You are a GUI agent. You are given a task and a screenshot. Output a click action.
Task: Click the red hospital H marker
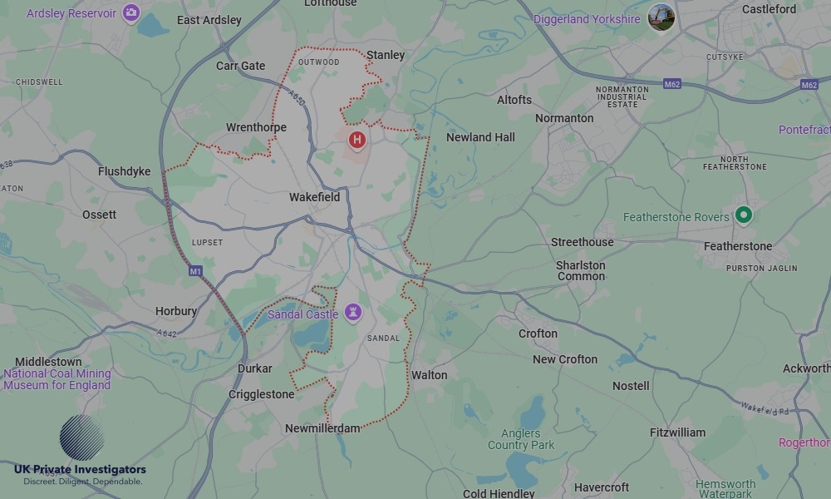pos(357,140)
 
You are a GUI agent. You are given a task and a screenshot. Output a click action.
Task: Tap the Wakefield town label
pos(314,197)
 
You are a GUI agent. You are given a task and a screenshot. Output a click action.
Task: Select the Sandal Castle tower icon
pos(355,313)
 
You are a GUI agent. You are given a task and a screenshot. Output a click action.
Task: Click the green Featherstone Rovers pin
pos(744,215)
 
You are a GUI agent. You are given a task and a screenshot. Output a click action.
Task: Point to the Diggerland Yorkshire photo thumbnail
pos(661,17)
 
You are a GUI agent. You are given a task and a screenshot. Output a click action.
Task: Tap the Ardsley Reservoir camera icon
pos(130,12)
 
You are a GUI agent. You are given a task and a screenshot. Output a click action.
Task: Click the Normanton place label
pos(564,118)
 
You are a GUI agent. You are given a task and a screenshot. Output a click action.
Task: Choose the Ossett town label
pos(99,215)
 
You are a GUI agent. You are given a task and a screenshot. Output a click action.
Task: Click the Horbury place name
pos(176,311)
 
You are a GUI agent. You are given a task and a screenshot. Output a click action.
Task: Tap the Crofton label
pos(538,333)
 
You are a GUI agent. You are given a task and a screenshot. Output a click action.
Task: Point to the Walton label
pos(430,375)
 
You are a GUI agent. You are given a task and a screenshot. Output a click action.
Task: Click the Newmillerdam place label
pos(322,428)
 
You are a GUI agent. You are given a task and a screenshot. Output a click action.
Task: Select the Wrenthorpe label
pos(256,127)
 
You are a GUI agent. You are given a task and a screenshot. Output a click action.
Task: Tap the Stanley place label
pos(386,55)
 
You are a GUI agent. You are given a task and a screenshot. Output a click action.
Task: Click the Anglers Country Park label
pos(520,439)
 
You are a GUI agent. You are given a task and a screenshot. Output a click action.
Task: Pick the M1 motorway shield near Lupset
pos(195,271)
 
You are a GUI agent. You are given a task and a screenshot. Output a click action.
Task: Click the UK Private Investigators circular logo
pos(82,437)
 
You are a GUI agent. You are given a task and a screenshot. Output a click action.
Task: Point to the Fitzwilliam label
pos(677,432)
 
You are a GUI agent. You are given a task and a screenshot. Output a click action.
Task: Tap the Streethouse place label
pos(583,242)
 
